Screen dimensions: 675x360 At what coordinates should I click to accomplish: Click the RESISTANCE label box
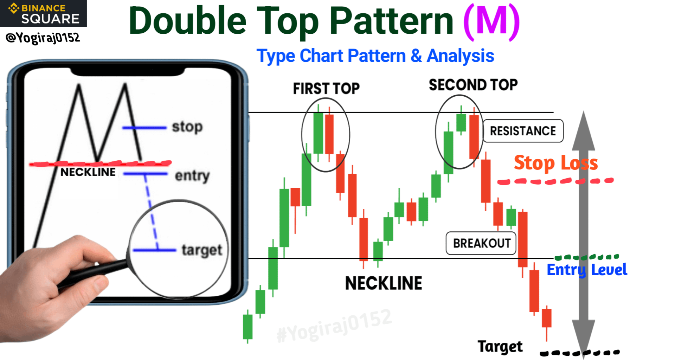click(x=523, y=131)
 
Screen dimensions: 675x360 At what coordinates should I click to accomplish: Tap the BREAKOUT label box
click(x=481, y=243)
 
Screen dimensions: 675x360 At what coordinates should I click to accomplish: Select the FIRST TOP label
click(x=326, y=89)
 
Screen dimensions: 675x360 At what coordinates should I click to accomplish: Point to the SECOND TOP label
click(x=473, y=85)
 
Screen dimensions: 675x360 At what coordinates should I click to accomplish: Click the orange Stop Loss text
click(x=556, y=163)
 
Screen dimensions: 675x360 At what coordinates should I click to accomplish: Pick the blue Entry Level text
click(x=587, y=270)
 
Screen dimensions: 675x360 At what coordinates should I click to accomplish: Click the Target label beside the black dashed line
click(x=500, y=347)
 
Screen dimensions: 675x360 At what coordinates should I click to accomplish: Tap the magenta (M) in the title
click(x=491, y=22)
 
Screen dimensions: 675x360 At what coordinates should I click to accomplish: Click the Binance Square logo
click(x=44, y=13)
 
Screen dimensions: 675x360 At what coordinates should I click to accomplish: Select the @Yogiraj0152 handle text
click(x=43, y=38)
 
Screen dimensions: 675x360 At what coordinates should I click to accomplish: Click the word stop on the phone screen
click(x=187, y=127)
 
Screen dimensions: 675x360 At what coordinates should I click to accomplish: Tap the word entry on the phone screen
click(x=192, y=175)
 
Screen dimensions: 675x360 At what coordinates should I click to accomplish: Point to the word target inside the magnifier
click(x=202, y=250)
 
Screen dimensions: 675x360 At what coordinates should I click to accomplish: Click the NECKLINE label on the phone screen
click(x=88, y=172)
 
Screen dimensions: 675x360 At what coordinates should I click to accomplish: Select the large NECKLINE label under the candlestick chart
click(x=384, y=283)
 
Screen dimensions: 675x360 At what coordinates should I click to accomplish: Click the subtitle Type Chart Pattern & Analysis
click(x=375, y=56)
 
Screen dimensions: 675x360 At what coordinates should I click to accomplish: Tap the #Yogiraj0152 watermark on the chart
click(x=334, y=326)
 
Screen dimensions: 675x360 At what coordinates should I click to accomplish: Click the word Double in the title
click(x=188, y=21)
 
